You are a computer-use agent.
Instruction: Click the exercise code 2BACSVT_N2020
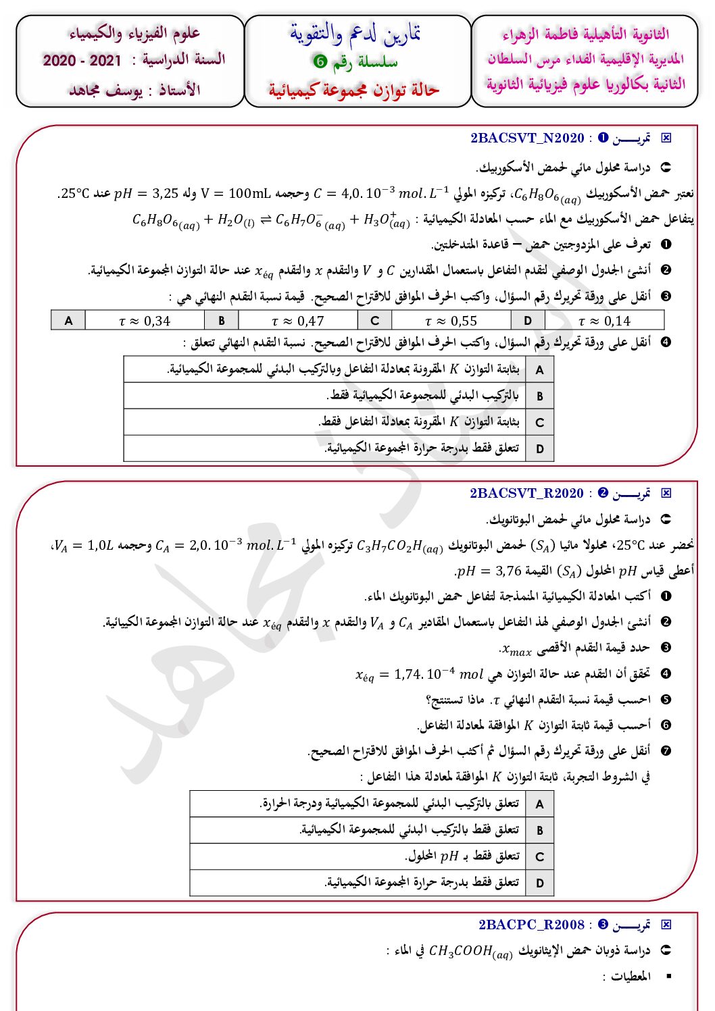[x=527, y=138]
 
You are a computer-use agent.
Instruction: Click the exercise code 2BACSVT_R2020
[x=526, y=493]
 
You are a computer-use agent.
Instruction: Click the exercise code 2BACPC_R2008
[x=531, y=925]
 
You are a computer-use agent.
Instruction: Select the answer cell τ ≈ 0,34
[x=145, y=321]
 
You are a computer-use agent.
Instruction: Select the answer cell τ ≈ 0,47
[x=298, y=321]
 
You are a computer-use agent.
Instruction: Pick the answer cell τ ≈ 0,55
[x=451, y=321]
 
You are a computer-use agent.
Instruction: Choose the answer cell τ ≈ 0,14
[x=604, y=321]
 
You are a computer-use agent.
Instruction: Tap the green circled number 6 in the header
[x=320, y=61]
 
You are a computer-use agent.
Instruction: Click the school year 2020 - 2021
[x=82, y=61]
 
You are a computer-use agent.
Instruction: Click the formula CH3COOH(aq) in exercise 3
[x=470, y=952]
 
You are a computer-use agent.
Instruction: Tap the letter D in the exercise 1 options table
[x=539, y=448]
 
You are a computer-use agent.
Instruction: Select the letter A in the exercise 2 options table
[x=539, y=804]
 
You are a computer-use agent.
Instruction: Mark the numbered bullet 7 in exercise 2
[x=666, y=751]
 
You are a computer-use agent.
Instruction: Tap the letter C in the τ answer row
[x=375, y=321]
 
